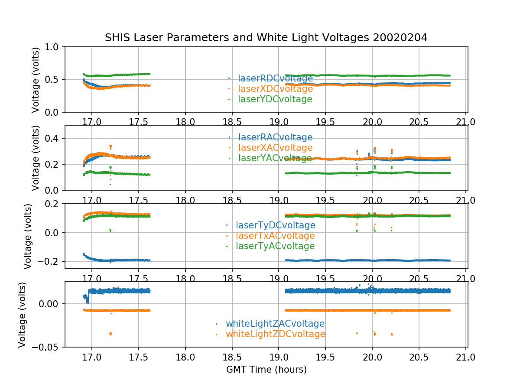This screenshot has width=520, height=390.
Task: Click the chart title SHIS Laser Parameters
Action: coord(266,38)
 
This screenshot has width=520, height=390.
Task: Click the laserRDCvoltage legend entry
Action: coord(275,78)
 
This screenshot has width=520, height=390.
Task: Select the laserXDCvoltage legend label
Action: coord(275,89)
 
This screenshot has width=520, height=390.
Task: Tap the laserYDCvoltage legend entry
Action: coord(275,99)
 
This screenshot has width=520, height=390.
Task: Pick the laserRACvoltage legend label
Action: coord(275,137)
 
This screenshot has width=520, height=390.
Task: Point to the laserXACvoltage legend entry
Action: coord(275,148)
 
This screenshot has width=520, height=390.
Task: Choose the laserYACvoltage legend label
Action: coord(275,158)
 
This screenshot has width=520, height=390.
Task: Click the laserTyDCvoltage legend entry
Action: coord(275,225)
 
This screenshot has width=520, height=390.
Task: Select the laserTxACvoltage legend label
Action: coord(275,236)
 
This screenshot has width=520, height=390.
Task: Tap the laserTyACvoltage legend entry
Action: coord(275,246)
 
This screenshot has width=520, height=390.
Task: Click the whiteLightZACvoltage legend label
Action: coord(275,324)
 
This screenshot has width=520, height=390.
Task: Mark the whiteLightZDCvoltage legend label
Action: coord(275,334)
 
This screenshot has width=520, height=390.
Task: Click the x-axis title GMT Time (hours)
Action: coord(266,370)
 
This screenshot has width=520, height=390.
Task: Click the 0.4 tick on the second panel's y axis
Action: coord(55,138)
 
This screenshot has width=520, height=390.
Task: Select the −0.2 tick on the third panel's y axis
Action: coord(52,261)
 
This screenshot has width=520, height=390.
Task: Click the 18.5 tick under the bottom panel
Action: coord(232,358)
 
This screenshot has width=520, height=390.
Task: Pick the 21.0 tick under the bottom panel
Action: coord(466,358)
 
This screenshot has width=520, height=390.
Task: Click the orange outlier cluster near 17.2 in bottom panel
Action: coord(110,333)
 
